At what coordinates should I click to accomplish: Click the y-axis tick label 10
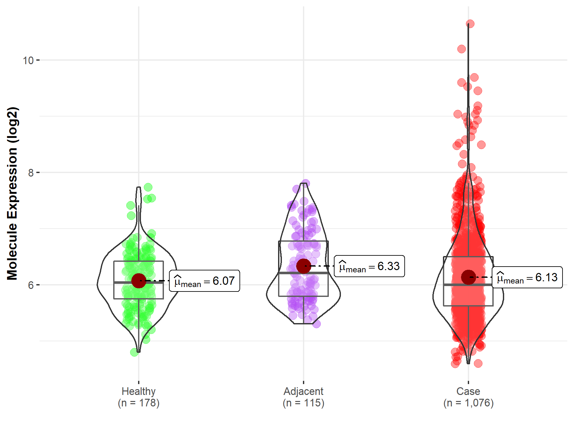click(28, 60)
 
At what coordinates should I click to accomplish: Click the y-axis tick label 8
click(31, 173)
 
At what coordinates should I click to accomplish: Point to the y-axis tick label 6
click(31, 285)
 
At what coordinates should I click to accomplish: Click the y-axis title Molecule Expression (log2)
click(12, 193)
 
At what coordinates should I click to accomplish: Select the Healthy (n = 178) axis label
click(139, 397)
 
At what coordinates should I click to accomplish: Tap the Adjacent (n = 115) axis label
click(304, 397)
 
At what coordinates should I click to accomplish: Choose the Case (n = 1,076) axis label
click(468, 397)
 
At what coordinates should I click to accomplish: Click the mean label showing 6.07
click(204, 281)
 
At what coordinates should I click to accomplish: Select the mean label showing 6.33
click(369, 266)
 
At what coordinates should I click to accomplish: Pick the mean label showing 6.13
click(527, 277)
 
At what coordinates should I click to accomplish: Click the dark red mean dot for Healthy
click(139, 281)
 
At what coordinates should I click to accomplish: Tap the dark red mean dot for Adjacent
click(304, 266)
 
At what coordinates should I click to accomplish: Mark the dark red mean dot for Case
click(468, 277)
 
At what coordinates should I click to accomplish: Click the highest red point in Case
click(470, 24)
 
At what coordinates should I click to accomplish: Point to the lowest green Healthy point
click(134, 352)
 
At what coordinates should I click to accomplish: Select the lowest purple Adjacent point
click(316, 324)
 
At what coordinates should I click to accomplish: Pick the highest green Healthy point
click(148, 187)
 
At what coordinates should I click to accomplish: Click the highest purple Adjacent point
click(305, 183)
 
